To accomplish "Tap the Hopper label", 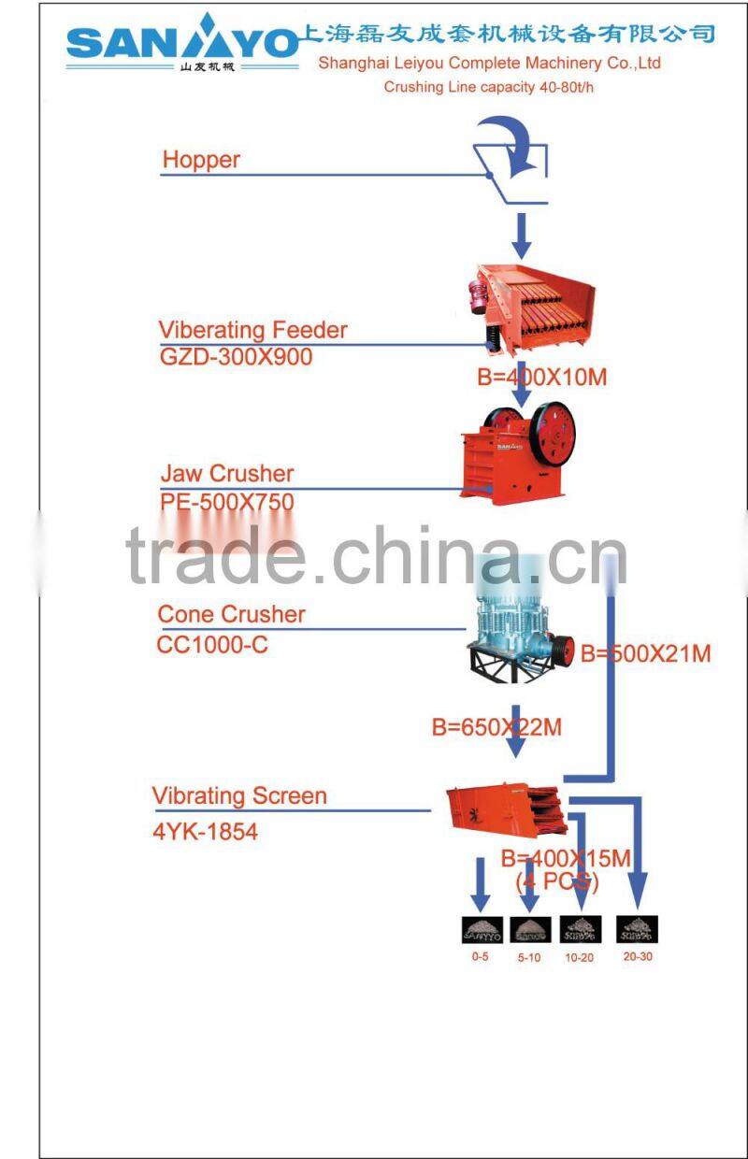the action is tap(201, 160).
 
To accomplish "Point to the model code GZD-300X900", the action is tap(236, 357).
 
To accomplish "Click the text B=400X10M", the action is tap(541, 377).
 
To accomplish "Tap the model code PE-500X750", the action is tap(227, 503).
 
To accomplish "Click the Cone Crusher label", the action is tap(231, 614).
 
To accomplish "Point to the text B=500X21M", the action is tap(645, 653).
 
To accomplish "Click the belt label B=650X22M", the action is tap(496, 726).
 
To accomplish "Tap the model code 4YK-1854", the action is tap(205, 831).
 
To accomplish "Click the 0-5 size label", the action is tap(480, 956).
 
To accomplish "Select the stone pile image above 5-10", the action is tap(529, 929).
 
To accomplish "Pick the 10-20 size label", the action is tap(579, 958).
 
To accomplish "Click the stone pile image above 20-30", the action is tap(637, 928).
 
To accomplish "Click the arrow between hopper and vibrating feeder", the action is tap(522, 234).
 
